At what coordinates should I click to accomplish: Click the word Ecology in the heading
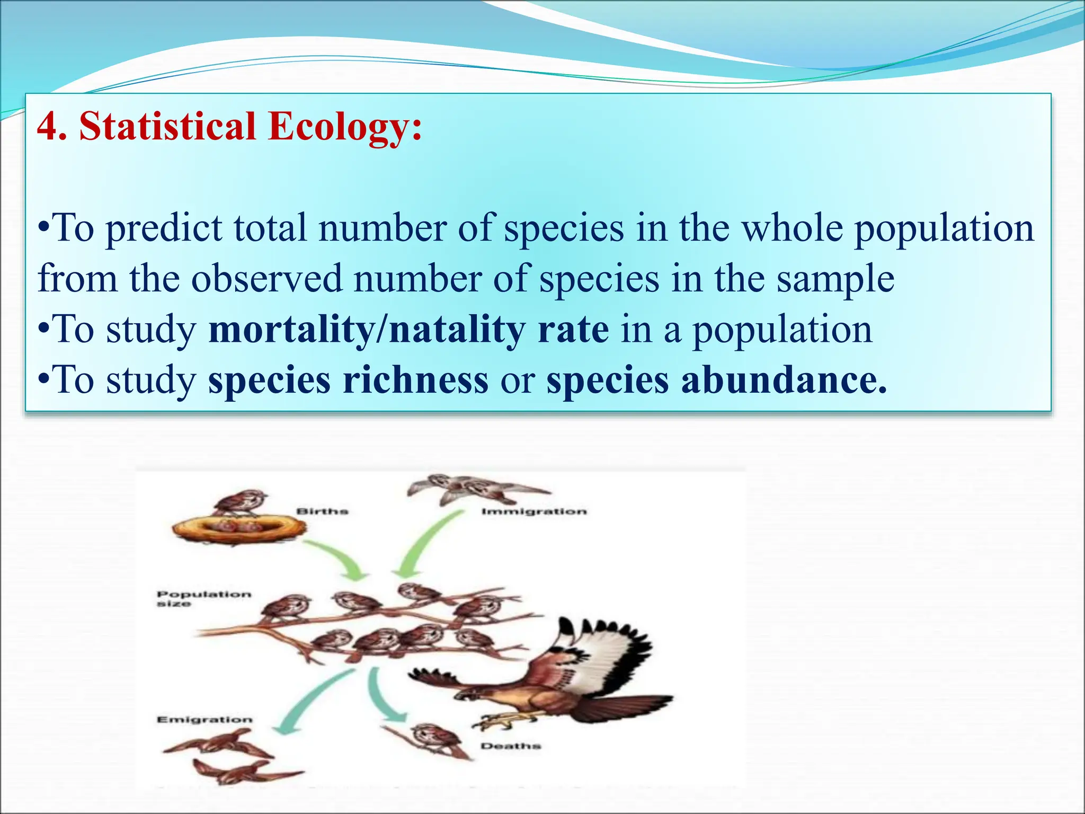click(345, 127)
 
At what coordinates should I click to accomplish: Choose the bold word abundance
click(784, 381)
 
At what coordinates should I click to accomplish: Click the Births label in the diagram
click(322, 511)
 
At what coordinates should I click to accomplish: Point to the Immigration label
click(534, 511)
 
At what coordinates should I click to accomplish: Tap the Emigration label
click(204, 720)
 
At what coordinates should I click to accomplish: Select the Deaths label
click(511, 746)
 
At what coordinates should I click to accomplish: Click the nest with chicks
click(238, 529)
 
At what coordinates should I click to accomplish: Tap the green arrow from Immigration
click(424, 546)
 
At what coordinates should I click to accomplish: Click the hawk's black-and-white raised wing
click(609, 657)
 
